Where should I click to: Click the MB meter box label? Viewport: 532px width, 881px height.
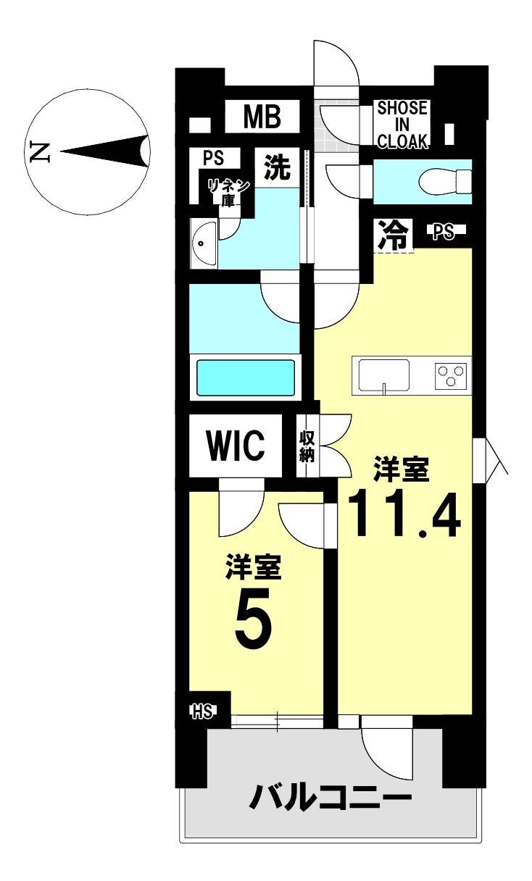pos(262,117)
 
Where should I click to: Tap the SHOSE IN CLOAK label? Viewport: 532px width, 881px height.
pos(402,125)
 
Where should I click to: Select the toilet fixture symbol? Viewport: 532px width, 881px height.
pos(445,182)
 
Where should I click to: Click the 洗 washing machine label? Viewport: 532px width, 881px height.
pos(277,167)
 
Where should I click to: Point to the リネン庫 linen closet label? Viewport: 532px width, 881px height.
pos(228,192)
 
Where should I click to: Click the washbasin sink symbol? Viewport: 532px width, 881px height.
pos(204,243)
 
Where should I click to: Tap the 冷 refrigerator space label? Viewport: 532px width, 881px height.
pos(392,235)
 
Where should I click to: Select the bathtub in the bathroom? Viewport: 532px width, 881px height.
pos(246,377)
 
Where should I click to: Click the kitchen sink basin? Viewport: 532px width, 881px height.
pos(383,375)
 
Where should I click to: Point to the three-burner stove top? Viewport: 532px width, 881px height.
pos(451,376)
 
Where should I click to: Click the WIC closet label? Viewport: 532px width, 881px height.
pos(236,446)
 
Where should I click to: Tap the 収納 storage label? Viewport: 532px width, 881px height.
pos(307,446)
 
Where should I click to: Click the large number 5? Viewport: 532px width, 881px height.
pos(254,620)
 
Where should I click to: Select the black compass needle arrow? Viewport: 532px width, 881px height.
pos(104,151)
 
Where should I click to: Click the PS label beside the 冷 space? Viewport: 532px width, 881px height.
pos(444,232)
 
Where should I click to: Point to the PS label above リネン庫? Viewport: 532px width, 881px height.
pos(214,158)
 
